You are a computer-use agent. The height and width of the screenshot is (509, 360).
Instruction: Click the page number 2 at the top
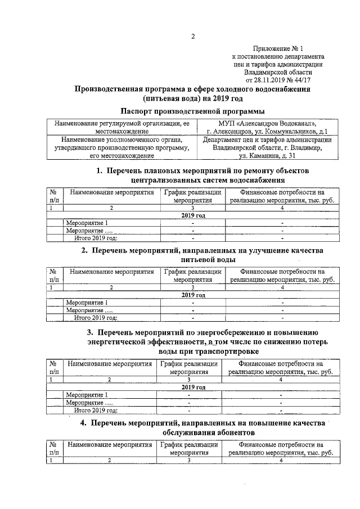coord(192,37)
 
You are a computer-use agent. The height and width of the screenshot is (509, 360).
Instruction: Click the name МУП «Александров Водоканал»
coord(267,123)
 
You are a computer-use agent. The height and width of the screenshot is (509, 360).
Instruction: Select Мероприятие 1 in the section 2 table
coord(87,303)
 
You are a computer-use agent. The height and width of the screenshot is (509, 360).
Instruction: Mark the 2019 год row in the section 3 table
coord(193,387)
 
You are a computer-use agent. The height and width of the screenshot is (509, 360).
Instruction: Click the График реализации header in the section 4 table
coord(190,444)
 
